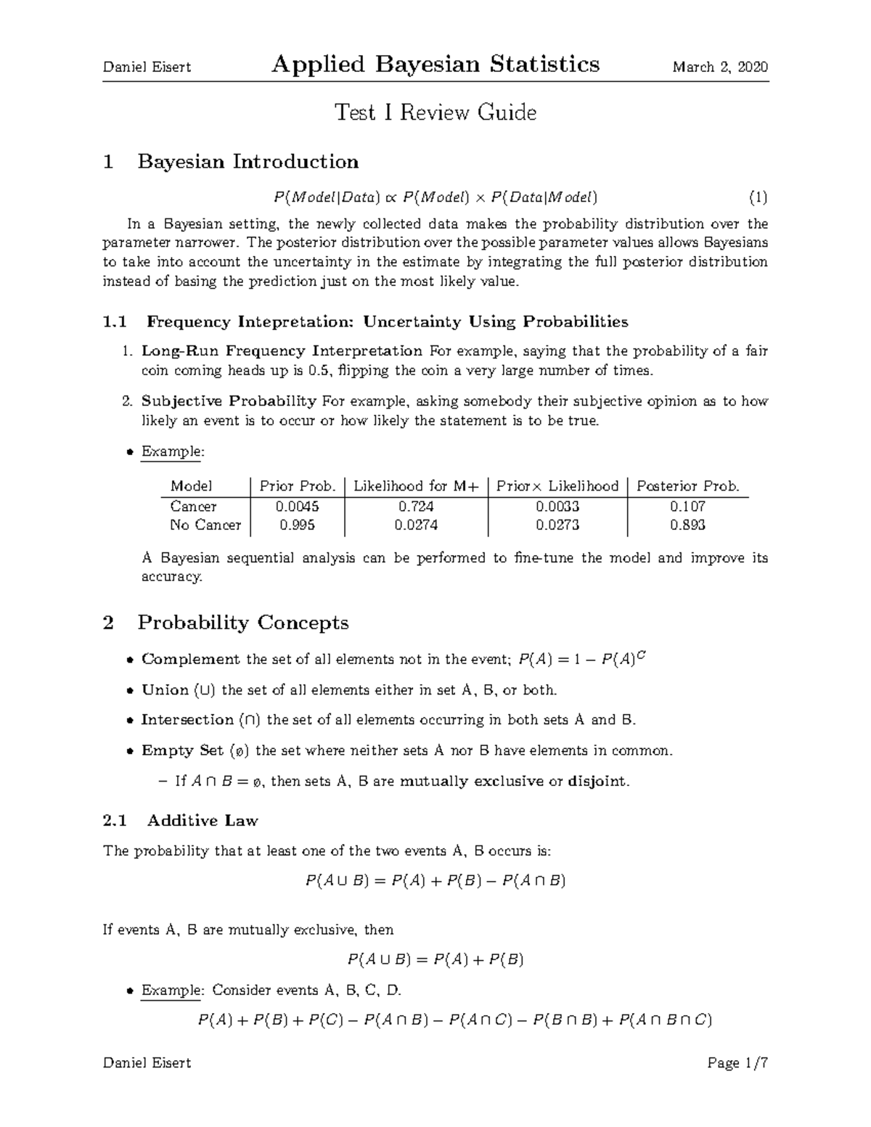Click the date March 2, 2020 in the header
pyautogui.click(x=719, y=67)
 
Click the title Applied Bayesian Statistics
pyautogui.click(x=435, y=65)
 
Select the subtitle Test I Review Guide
pyautogui.click(x=435, y=112)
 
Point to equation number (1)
pyautogui.click(x=758, y=197)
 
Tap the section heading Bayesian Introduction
pyautogui.click(x=248, y=161)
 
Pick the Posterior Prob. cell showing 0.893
pyautogui.click(x=687, y=525)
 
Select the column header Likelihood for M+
pyautogui.click(x=416, y=486)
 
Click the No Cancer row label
pyautogui.click(x=205, y=525)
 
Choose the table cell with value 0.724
pyautogui.click(x=416, y=507)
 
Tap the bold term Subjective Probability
pyautogui.click(x=229, y=401)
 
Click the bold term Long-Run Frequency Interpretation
pyautogui.click(x=282, y=351)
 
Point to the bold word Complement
pyautogui.click(x=190, y=660)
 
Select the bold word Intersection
pyautogui.click(x=187, y=720)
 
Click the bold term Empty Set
pyautogui.click(x=182, y=750)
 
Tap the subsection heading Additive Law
pyautogui.click(x=202, y=821)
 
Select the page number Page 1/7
pyautogui.click(x=737, y=1063)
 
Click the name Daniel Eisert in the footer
pyautogui.click(x=147, y=1063)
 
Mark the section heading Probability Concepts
pyautogui.click(x=242, y=623)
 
